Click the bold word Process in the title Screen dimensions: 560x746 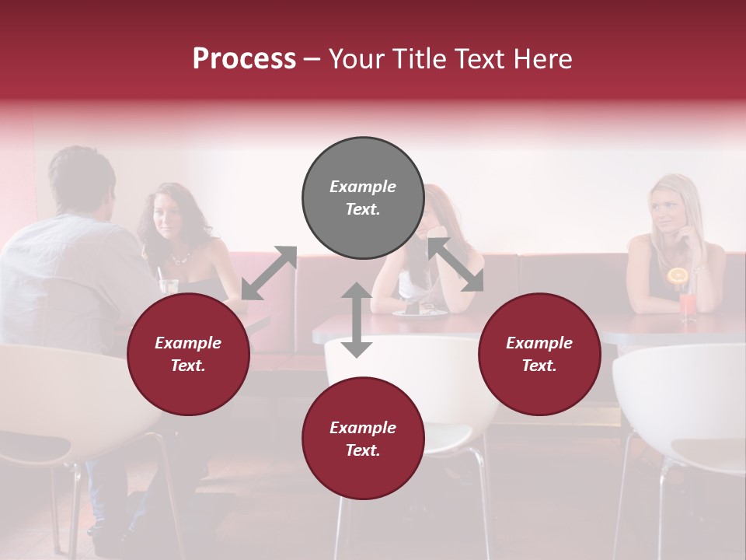click(x=244, y=59)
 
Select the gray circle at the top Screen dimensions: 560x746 click(x=363, y=198)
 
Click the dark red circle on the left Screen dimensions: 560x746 click(x=188, y=354)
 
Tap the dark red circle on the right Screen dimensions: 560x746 click(x=539, y=354)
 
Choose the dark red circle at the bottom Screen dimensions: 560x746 click(x=363, y=439)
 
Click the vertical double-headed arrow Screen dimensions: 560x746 click(x=357, y=320)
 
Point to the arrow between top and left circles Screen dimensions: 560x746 click(x=269, y=273)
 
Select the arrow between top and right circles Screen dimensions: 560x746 click(x=455, y=264)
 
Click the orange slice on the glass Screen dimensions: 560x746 click(x=678, y=276)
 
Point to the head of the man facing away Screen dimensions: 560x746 click(x=82, y=180)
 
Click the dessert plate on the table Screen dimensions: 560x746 click(x=420, y=311)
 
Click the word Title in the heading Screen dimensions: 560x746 click(x=416, y=59)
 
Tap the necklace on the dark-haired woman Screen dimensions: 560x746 click(x=180, y=257)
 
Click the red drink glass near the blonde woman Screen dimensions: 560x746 click(x=688, y=305)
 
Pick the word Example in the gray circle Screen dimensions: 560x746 click(x=363, y=187)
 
